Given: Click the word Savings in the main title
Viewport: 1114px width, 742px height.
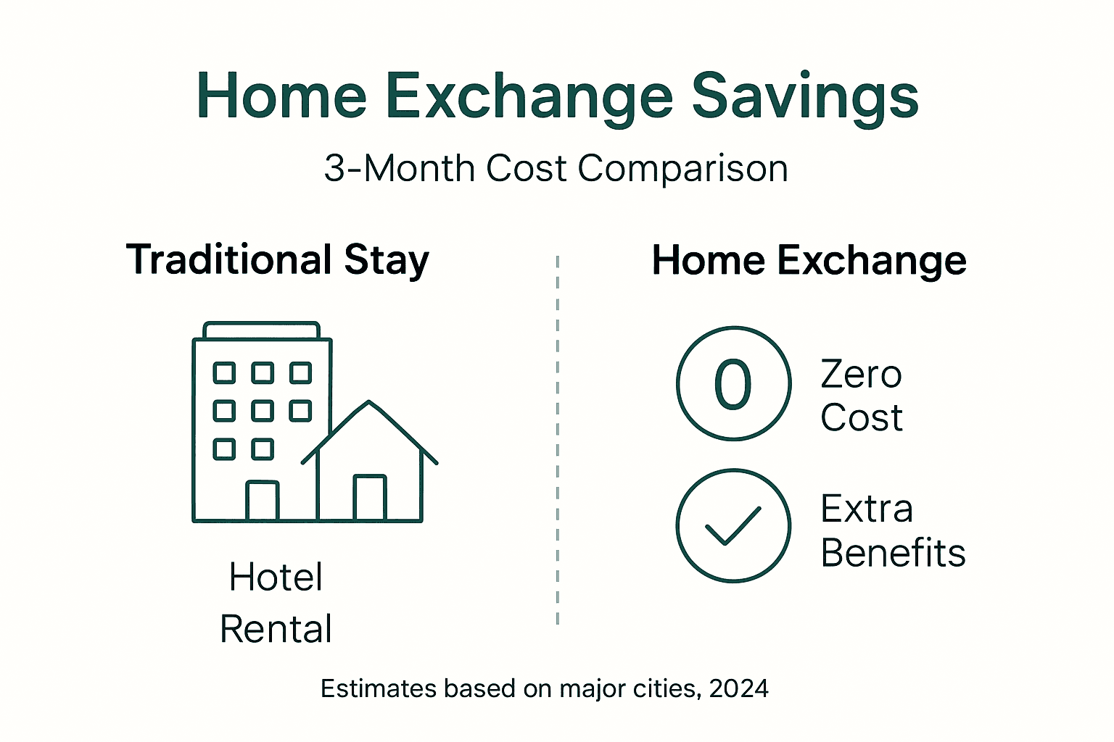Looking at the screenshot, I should click(x=805, y=96).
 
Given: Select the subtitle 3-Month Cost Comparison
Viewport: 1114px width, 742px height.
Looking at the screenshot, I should click(x=556, y=169).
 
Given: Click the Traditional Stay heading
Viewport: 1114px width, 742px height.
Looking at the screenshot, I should click(x=278, y=259).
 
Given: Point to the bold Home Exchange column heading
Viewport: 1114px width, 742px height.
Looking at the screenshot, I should click(x=809, y=260).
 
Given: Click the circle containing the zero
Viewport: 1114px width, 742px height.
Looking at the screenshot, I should click(x=733, y=383).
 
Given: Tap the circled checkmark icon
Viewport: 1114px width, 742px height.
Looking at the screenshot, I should click(x=733, y=525).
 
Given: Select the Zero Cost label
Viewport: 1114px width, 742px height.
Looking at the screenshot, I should click(x=862, y=396).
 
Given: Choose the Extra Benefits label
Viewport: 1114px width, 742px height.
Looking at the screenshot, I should click(x=892, y=531).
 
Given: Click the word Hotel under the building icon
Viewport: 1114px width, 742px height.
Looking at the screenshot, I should click(x=276, y=578).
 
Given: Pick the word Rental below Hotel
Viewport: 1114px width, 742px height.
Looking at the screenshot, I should click(x=276, y=629).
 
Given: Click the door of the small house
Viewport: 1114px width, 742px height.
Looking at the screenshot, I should click(x=370, y=498).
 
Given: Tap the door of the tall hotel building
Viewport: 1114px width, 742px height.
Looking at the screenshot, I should click(x=262, y=501).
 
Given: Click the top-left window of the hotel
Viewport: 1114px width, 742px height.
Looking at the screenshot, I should click(x=224, y=372).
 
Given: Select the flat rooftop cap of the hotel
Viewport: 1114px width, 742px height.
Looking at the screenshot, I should click(x=261, y=330).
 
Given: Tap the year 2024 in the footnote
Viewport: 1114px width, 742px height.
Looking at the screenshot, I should click(x=739, y=688).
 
